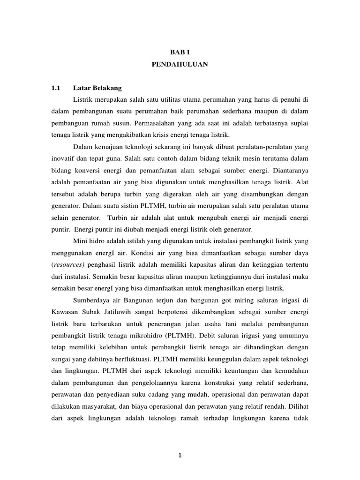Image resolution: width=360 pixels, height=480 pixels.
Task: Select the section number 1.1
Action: pos(56,88)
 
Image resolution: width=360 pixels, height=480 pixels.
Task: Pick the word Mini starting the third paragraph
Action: pos(81,240)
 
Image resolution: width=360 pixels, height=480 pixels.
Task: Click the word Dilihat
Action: pos(298,406)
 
